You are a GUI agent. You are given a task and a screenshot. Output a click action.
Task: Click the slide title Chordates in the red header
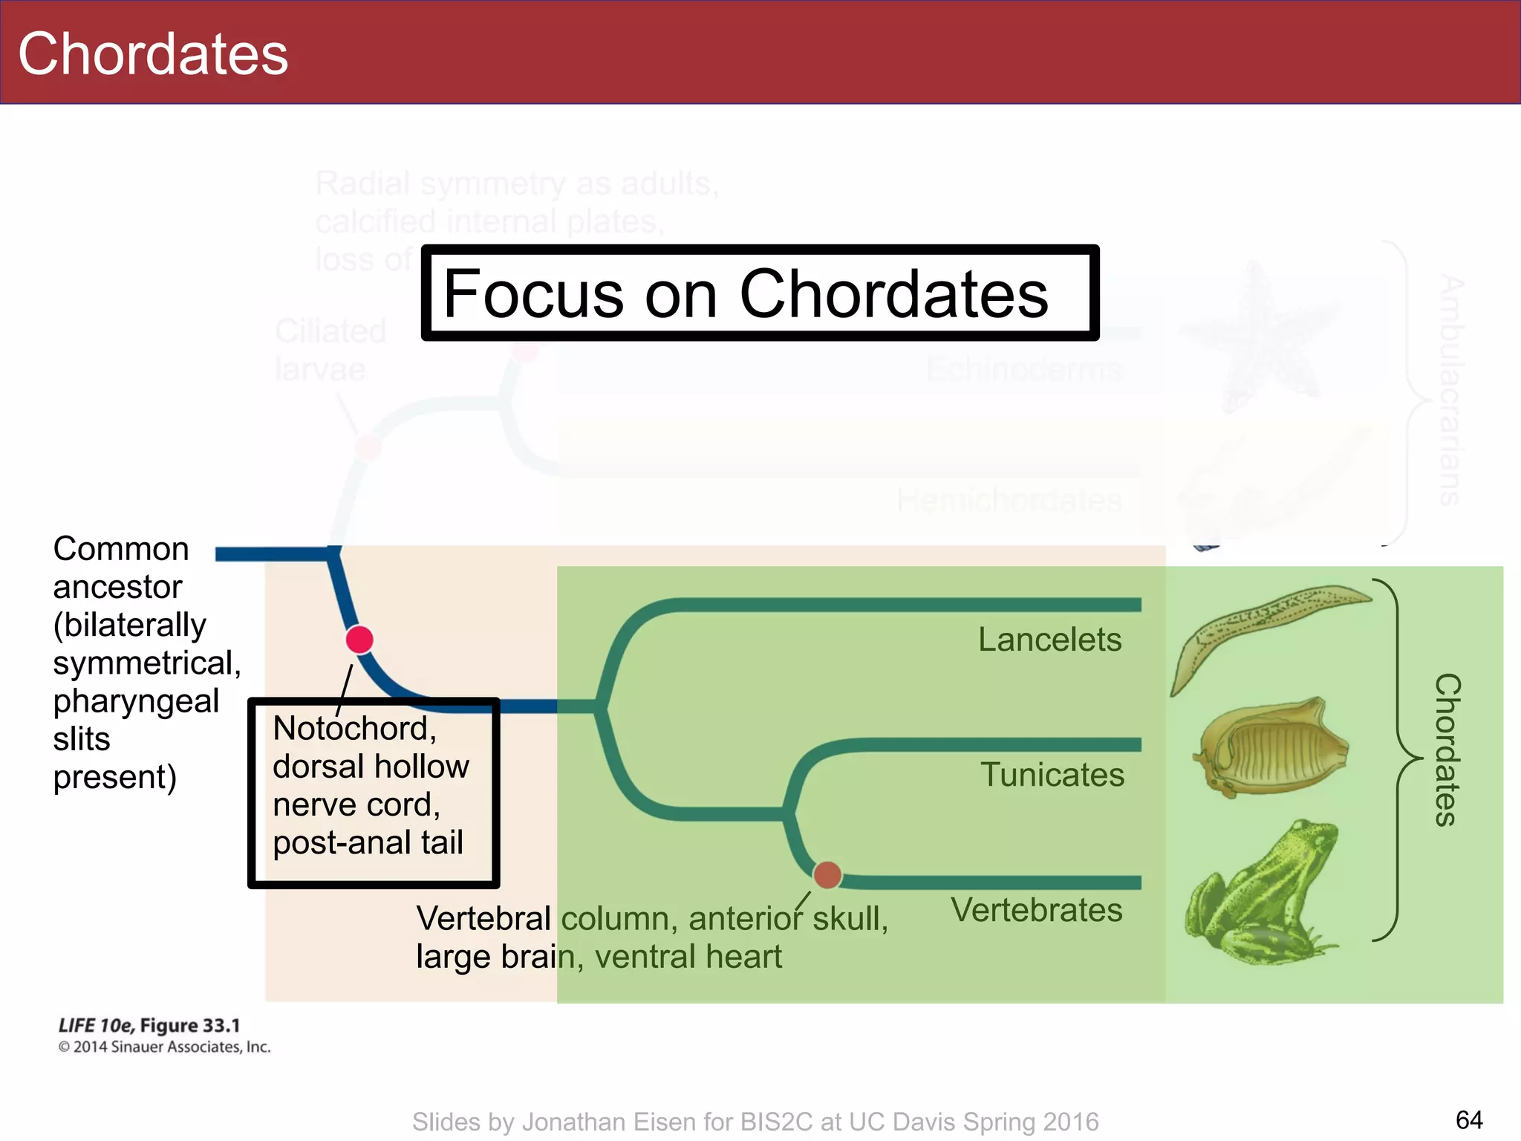click(x=153, y=54)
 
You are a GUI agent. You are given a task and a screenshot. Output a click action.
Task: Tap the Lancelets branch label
click(x=1049, y=640)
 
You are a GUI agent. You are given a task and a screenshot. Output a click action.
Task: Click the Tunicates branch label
click(x=1052, y=775)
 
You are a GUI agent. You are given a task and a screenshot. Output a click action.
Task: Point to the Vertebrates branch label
click(x=1036, y=910)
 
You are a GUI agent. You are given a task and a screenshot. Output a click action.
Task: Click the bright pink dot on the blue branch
click(x=359, y=640)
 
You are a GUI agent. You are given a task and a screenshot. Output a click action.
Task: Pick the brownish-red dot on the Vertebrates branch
click(x=827, y=875)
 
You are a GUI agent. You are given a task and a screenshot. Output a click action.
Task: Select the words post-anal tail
click(x=368, y=842)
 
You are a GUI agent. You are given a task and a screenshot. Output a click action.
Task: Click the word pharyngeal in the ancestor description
click(x=136, y=700)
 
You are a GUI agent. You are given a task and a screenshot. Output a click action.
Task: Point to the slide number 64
click(x=1468, y=1119)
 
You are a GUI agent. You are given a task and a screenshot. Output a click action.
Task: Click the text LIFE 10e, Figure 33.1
click(x=149, y=1026)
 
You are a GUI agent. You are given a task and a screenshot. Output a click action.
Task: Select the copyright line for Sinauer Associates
click(x=164, y=1047)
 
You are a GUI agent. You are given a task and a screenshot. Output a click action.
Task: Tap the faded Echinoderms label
click(x=1025, y=369)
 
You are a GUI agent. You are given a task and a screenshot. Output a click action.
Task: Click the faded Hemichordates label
click(x=1009, y=500)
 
